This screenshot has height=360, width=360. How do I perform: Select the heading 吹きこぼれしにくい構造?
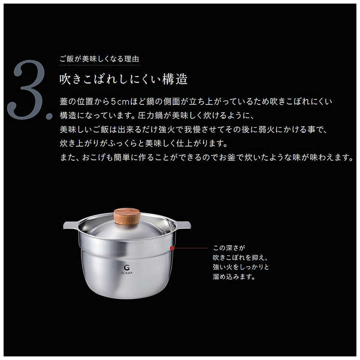coord(123,80)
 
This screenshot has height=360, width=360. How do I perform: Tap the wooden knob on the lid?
coord(127,215)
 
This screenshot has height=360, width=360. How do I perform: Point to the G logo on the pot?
coord(120,266)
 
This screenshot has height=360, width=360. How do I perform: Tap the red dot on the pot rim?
coord(172,247)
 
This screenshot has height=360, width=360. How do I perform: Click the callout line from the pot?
coord(189,247)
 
